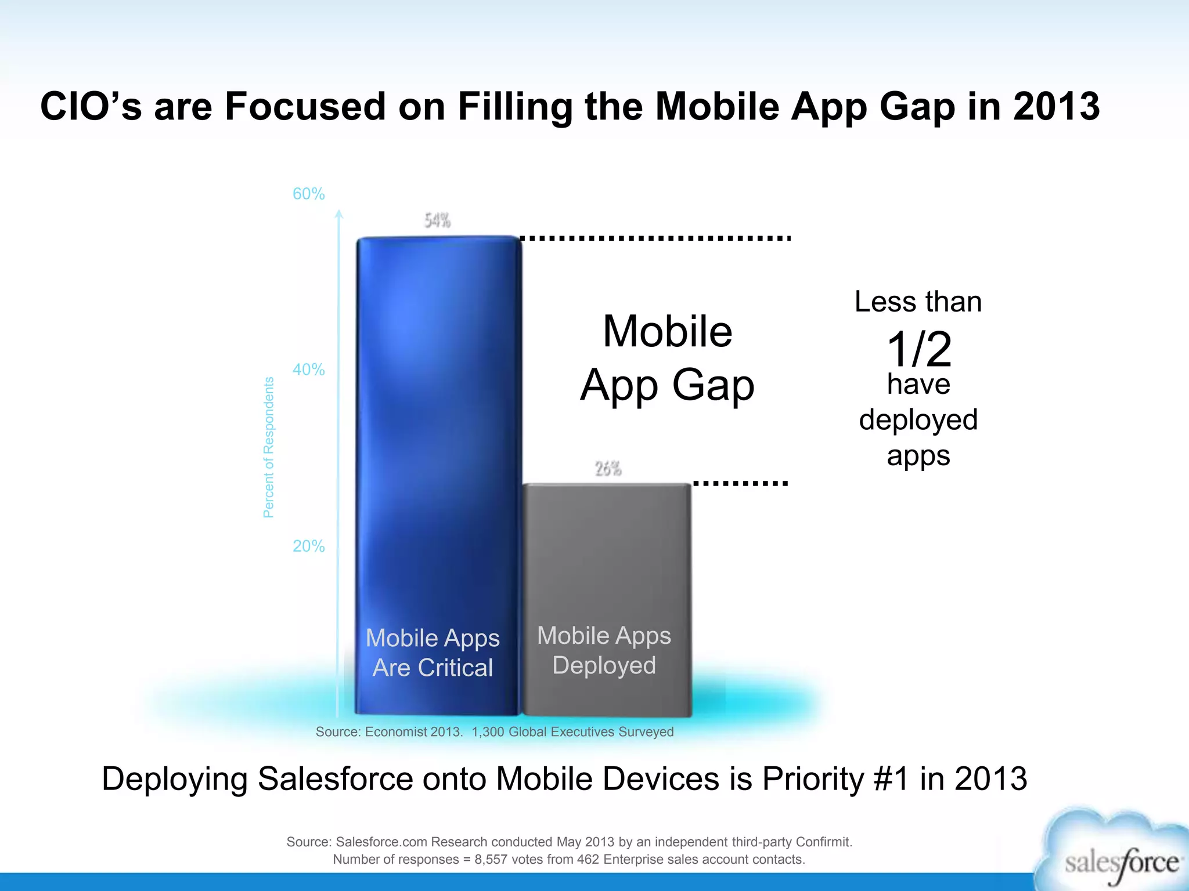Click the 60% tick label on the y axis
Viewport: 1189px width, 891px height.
coord(308,194)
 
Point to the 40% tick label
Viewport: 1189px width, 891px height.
coord(308,370)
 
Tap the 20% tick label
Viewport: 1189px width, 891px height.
coord(308,546)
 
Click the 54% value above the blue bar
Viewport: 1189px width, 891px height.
coord(437,220)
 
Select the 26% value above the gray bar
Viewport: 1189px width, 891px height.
coord(608,469)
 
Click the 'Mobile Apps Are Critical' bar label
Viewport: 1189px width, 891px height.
coord(433,653)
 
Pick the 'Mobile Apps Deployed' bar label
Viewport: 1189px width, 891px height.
coord(604,650)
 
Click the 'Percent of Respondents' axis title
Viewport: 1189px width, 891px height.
coord(268,447)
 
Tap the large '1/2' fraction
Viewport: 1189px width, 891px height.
coord(919,349)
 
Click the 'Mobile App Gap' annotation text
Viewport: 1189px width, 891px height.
coord(668,358)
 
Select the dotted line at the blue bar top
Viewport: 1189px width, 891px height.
coord(655,238)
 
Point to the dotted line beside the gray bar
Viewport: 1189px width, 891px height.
coord(740,483)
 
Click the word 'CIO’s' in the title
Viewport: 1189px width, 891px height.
coord(91,107)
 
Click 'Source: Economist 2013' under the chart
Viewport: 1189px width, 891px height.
coord(389,732)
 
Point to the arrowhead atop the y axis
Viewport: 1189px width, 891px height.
coord(339,214)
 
